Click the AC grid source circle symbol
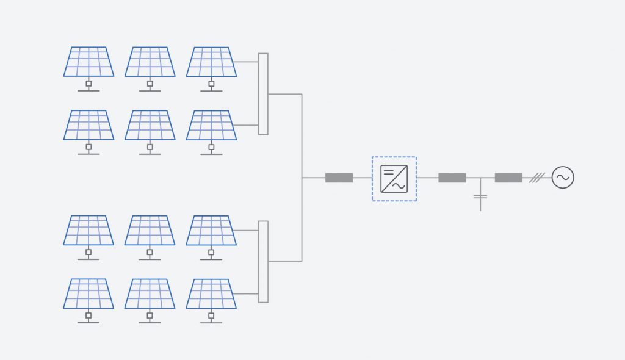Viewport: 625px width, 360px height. tap(562, 178)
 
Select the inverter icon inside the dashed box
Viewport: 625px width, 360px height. tap(394, 179)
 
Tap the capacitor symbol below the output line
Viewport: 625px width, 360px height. tap(480, 196)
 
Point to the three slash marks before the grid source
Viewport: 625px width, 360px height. tap(536, 178)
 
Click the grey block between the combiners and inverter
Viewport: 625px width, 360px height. tap(339, 178)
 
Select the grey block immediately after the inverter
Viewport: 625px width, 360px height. tap(452, 178)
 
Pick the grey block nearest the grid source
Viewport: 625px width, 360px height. tap(508, 178)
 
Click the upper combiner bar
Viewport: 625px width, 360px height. tap(263, 93)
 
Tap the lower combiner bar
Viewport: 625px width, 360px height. tap(263, 261)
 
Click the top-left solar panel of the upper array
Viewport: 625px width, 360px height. tap(89, 62)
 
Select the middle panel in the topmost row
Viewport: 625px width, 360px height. tap(150, 62)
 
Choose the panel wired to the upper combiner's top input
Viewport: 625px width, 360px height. tap(211, 62)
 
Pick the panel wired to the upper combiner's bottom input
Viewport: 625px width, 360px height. tap(211, 125)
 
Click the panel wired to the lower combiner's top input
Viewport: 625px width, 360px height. tap(211, 230)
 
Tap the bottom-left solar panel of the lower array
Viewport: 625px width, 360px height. tap(89, 293)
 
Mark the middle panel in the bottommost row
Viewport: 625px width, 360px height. tap(150, 293)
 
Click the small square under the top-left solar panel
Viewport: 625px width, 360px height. tap(89, 83)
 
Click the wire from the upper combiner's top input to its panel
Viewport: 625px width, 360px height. tap(247, 62)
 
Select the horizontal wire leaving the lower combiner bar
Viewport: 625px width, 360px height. tap(284, 261)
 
